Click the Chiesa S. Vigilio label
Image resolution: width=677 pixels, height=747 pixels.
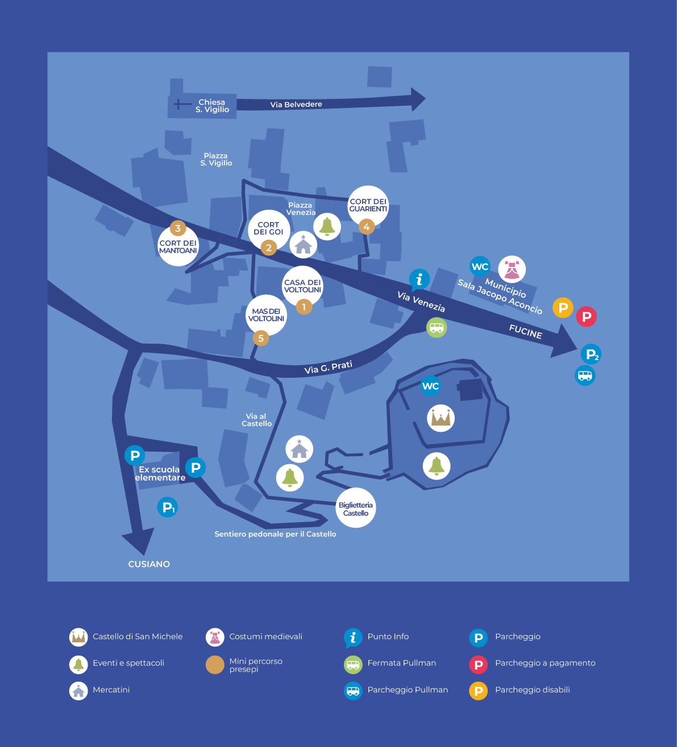pyautogui.click(x=212, y=106)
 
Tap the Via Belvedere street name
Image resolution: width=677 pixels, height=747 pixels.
pyautogui.click(x=296, y=105)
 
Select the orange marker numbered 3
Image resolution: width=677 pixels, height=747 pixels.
pyautogui.click(x=178, y=228)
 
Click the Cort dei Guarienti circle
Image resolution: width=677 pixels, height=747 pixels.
pyautogui.click(x=368, y=206)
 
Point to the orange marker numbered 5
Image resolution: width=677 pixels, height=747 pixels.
pyautogui.click(x=261, y=338)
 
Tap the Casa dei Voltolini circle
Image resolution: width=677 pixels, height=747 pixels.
pyautogui.click(x=302, y=286)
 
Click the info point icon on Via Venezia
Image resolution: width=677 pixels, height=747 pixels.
pyautogui.click(x=420, y=279)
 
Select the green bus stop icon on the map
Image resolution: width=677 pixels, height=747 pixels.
pyautogui.click(x=437, y=328)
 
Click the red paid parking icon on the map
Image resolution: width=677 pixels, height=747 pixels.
pyautogui.click(x=587, y=316)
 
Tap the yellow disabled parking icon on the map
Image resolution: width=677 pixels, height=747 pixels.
pyautogui.click(x=563, y=307)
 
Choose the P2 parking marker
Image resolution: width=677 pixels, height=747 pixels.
pyautogui.click(x=591, y=354)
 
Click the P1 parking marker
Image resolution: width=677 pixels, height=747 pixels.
pyautogui.click(x=167, y=507)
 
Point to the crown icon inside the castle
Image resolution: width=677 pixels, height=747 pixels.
pyautogui.click(x=441, y=418)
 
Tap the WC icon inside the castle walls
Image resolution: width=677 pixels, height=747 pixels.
pyautogui.click(x=430, y=386)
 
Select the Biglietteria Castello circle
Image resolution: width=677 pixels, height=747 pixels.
pyautogui.click(x=356, y=507)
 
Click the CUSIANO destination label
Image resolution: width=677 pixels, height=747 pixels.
pyautogui.click(x=149, y=564)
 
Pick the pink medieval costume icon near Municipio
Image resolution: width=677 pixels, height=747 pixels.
pyautogui.click(x=512, y=269)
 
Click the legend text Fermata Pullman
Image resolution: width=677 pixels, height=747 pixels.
pyautogui.click(x=401, y=663)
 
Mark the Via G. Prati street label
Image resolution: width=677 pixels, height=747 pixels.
pyautogui.click(x=328, y=367)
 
